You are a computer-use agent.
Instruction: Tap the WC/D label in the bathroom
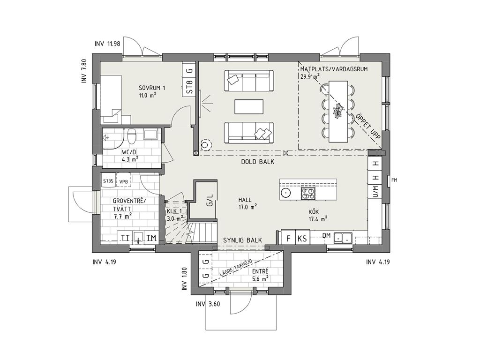click(129, 152)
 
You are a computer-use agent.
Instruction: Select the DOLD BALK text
click(258, 162)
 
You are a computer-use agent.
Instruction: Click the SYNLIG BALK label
click(242, 240)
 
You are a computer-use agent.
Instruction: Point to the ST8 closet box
click(190, 87)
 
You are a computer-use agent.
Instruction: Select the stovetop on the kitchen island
click(307, 193)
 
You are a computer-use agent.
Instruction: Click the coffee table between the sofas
click(249, 107)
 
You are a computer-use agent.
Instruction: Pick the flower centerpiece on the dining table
click(338, 111)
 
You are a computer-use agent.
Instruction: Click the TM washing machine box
click(151, 238)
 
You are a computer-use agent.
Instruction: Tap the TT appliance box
click(125, 238)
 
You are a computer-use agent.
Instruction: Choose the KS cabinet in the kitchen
click(302, 238)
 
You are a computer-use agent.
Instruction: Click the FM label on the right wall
click(394, 180)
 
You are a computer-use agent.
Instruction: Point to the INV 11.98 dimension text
click(107, 44)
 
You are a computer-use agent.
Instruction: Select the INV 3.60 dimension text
click(208, 304)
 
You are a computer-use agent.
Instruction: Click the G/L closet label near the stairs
click(210, 200)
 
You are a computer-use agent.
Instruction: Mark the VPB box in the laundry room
click(124, 181)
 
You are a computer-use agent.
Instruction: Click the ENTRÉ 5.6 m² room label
click(260, 275)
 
